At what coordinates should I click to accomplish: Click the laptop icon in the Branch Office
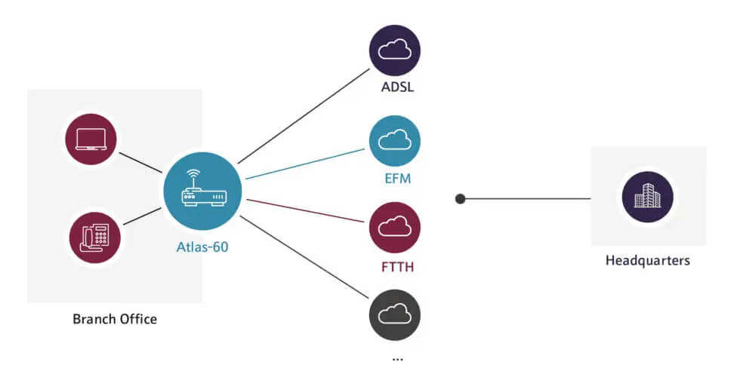tap(91, 138)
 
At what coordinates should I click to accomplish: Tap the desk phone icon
tap(94, 237)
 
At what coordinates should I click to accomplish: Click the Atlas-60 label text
tap(203, 247)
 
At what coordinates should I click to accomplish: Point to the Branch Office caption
tap(115, 319)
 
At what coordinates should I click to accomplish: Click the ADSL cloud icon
tap(395, 51)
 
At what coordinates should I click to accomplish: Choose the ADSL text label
tap(397, 87)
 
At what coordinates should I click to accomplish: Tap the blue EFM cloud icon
tap(395, 140)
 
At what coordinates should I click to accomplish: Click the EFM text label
tap(396, 179)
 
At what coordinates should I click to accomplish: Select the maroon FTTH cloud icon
tap(395, 227)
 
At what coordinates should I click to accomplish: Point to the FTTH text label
tap(397, 266)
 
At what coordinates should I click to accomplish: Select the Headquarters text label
tap(648, 261)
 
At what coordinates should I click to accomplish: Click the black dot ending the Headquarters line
tap(460, 199)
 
